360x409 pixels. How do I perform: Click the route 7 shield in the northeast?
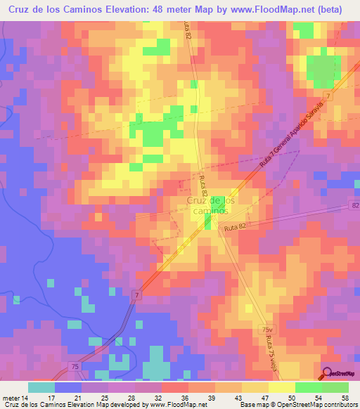[x=328, y=94]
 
